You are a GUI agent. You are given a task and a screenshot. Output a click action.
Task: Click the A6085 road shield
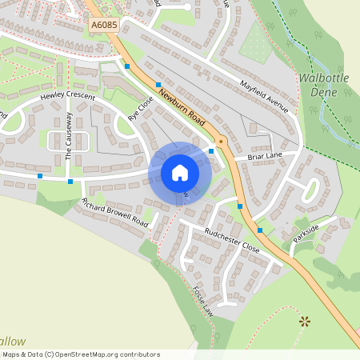tap(102, 26)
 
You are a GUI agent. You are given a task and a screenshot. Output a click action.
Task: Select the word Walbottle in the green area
tap(323, 78)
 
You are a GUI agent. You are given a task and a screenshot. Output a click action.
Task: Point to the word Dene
tap(323, 92)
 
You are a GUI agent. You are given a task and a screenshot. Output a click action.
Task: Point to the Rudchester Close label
tap(232, 240)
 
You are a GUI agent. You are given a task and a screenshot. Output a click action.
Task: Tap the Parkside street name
tap(306, 234)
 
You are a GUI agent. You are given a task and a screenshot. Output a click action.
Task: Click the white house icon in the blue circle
tap(180, 173)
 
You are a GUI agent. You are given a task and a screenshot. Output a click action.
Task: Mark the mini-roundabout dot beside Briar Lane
tap(222, 142)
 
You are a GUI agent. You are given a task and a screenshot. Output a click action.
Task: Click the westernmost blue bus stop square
tap(40, 176)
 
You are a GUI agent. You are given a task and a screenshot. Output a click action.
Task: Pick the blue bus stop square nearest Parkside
tap(260, 230)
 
